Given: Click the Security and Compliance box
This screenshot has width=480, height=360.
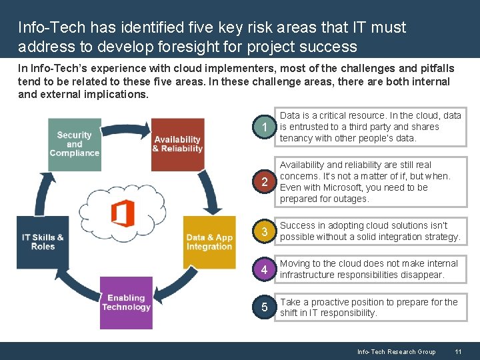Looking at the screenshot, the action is (74, 144).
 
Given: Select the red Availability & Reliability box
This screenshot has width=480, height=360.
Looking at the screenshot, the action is (177, 144).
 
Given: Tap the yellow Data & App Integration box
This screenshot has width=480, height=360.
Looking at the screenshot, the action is (209, 242).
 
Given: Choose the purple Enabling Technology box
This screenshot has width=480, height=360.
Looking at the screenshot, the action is (126, 303).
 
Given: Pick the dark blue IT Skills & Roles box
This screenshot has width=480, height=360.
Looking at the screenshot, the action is (43, 242).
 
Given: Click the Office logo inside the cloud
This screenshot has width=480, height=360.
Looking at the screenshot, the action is (123, 213).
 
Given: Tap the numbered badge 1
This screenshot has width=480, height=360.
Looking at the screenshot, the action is (265, 127).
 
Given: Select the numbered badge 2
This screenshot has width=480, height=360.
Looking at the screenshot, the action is (265, 182).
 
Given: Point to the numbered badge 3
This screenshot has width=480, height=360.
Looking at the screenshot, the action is (265, 231).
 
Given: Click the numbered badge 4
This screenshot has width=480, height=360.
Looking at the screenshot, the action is (265, 269).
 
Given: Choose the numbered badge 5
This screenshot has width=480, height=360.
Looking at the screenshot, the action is (265, 307).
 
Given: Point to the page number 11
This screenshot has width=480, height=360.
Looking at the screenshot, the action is (458, 351).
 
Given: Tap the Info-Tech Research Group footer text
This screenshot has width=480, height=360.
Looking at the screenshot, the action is (396, 351).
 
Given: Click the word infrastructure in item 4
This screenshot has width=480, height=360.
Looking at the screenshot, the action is (307, 275).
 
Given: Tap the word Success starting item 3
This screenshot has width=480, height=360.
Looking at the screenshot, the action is (298, 225).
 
